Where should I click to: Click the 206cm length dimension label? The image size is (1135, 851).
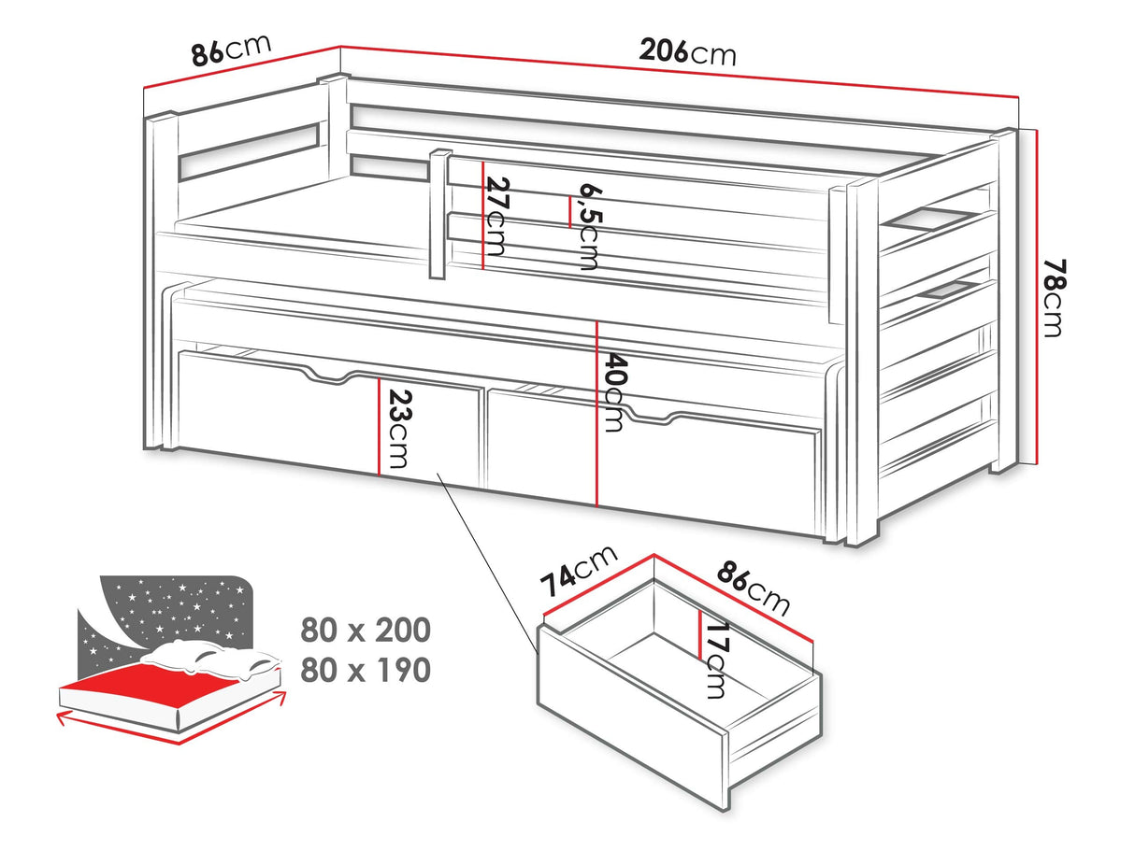[686, 52]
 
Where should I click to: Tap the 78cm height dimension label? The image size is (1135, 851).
[1054, 298]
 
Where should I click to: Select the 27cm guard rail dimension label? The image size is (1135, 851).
[497, 217]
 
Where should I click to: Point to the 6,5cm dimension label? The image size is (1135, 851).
[589, 226]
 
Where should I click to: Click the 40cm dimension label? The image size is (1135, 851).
[614, 392]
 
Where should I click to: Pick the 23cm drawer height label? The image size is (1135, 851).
[399, 429]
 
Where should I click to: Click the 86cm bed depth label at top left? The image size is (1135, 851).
[231, 50]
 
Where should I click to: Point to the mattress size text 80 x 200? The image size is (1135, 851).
[365, 630]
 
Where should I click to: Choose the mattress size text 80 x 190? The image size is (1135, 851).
[365, 670]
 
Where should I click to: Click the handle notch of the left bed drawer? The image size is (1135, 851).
[330, 376]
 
